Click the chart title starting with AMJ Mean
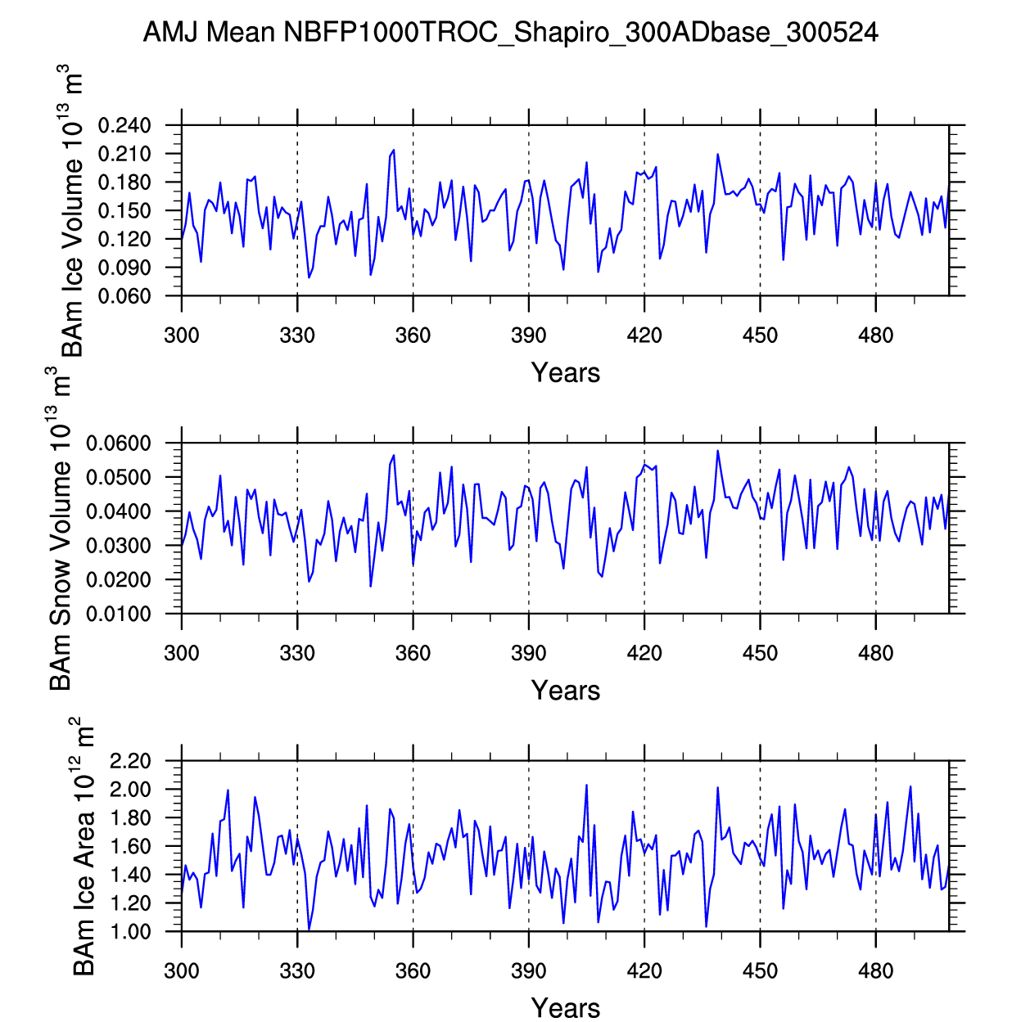tap(510, 33)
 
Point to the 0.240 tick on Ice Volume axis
tap(124, 126)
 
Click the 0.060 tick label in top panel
tap(124, 296)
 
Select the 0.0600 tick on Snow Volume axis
tap(119, 443)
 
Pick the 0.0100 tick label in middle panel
tap(119, 614)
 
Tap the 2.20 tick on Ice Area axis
tap(129, 762)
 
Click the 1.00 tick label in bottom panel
tap(129, 932)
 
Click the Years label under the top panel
tap(566, 373)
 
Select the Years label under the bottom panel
tap(566, 1008)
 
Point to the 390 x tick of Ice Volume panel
tap(529, 335)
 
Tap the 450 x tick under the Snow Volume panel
tap(760, 653)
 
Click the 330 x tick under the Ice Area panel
tap(297, 971)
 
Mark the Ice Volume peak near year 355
tap(394, 150)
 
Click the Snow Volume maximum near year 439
tap(718, 450)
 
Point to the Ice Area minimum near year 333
tap(309, 930)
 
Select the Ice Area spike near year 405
tap(586, 785)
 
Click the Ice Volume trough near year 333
tap(309, 277)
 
